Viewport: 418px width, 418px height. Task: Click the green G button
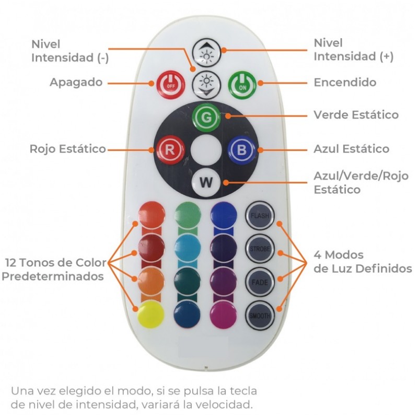(207, 117)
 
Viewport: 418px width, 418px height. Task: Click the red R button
(169, 149)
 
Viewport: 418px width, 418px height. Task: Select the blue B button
(241, 149)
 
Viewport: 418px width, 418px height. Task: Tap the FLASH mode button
(259, 215)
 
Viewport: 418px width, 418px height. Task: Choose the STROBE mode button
(259, 249)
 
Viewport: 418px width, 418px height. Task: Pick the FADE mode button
(259, 282)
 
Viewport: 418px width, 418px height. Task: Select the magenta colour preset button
(224, 315)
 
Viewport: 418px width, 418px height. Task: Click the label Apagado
(76, 83)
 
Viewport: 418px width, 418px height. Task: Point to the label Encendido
(345, 83)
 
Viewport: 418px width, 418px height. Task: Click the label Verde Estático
(356, 114)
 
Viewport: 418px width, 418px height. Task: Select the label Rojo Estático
(68, 149)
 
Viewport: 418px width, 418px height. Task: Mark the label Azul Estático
(351, 149)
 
